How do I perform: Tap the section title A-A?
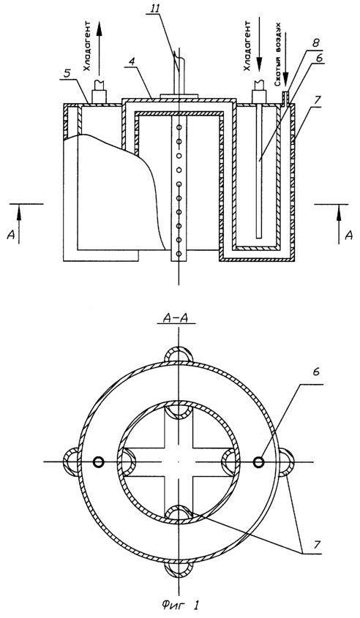click(177, 317)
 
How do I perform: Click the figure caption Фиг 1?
click(180, 605)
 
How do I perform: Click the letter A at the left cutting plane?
click(11, 235)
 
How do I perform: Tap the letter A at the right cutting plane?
click(348, 235)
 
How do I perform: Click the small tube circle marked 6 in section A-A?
click(259, 461)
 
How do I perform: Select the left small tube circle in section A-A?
click(98, 461)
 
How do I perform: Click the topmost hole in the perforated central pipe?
click(179, 127)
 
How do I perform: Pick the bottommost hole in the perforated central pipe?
click(179, 254)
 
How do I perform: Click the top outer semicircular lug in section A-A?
click(179, 355)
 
